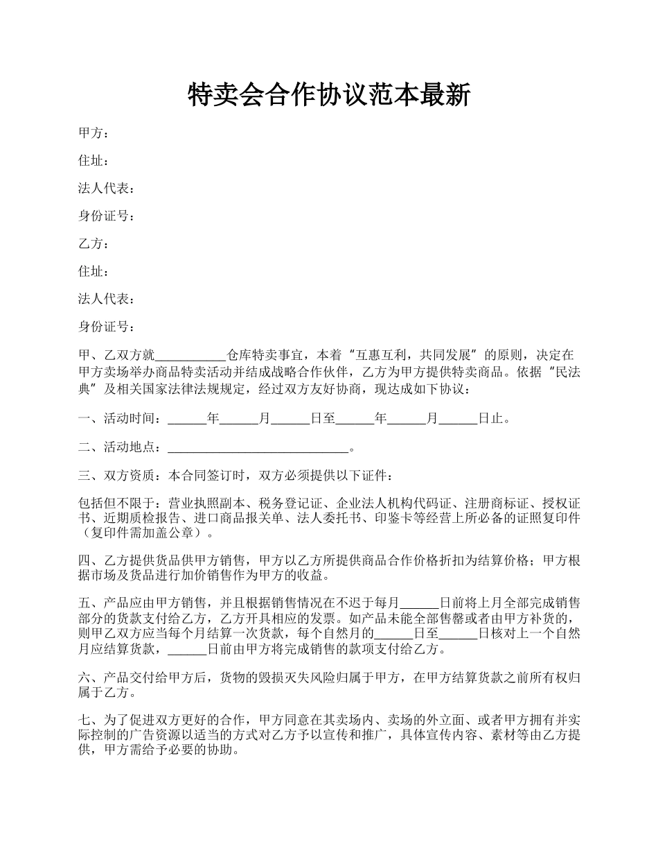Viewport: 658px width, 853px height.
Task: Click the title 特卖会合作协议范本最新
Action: click(x=329, y=95)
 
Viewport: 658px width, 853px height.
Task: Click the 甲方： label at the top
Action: click(x=94, y=133)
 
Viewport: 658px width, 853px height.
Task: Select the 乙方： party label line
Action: click(x=94, y=244)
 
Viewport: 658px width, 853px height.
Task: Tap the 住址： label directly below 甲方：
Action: click(x=94, y=161)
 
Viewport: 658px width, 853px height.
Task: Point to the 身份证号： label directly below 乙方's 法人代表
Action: click(x=107, y=327)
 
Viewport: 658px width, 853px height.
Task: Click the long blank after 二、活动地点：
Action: click(x=258, y=448)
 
